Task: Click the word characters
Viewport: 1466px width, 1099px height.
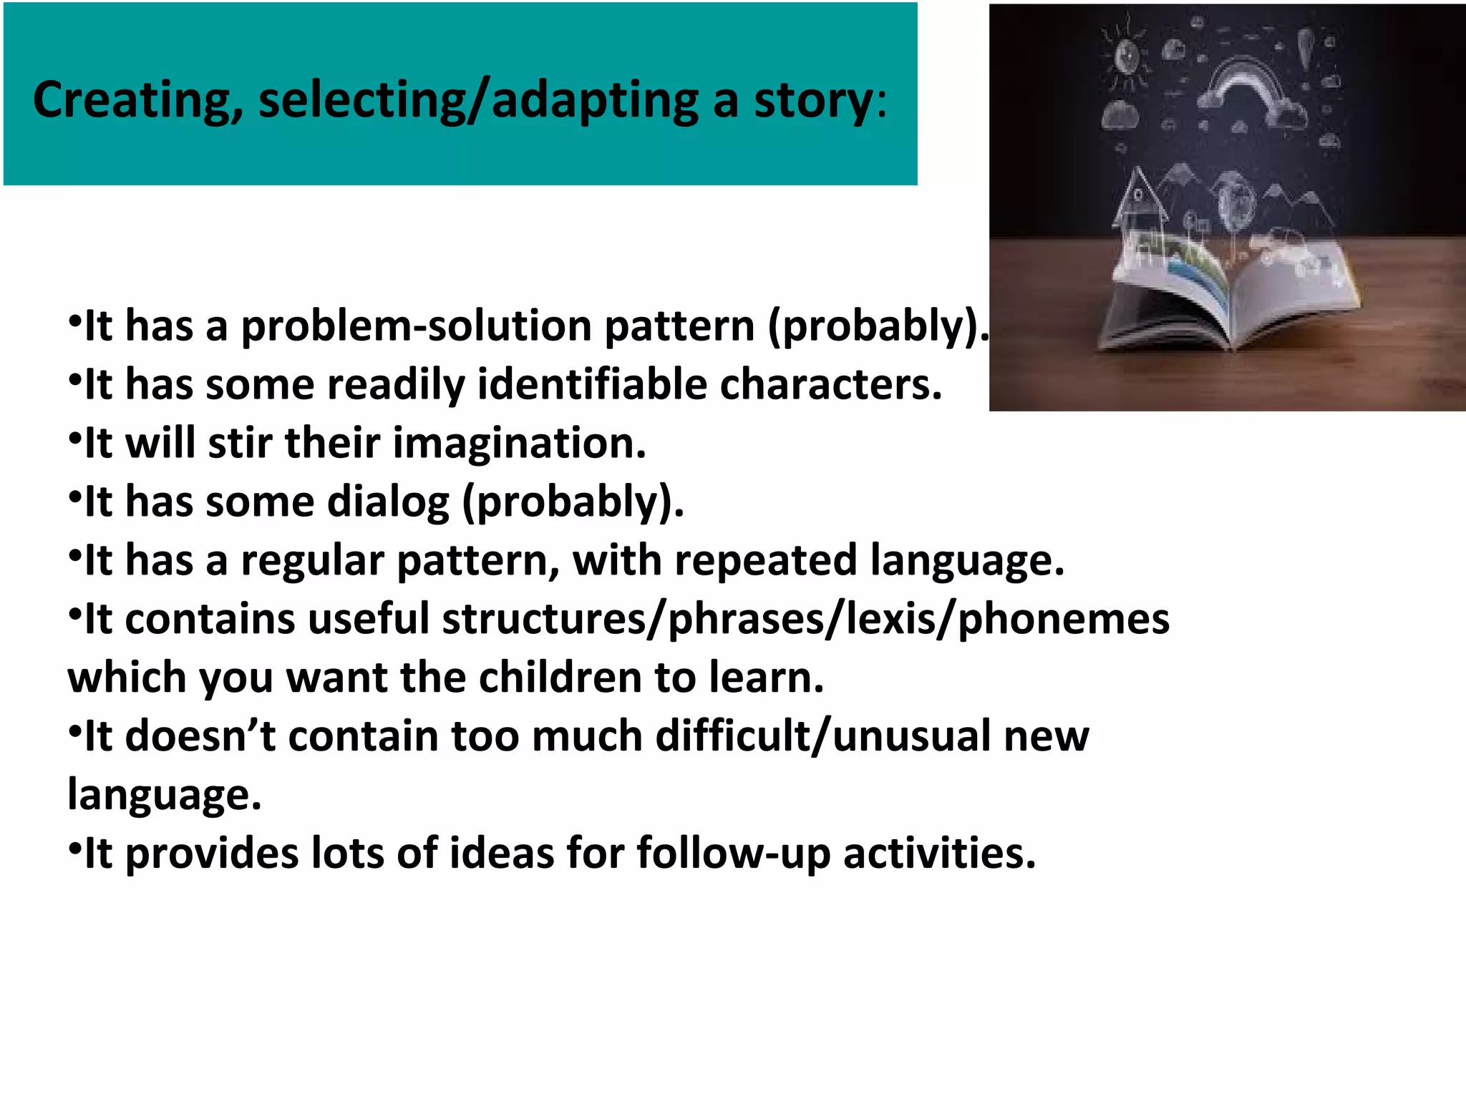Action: (830, 385)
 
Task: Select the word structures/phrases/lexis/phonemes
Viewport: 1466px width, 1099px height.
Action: (805, 619)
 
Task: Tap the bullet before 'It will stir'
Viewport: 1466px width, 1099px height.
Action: (74, 437)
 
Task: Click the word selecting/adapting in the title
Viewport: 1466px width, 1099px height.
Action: (478, 100)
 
